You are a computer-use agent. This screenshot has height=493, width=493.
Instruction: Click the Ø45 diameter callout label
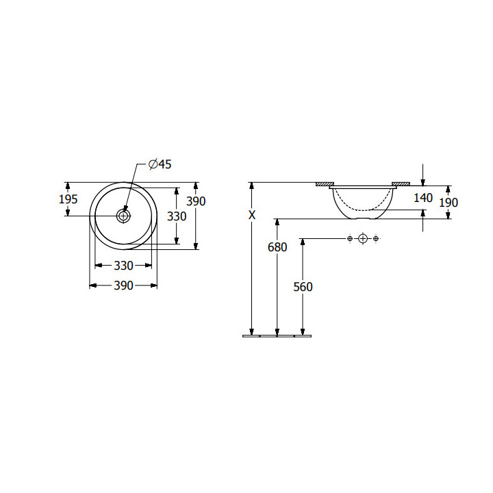tap(160, 164)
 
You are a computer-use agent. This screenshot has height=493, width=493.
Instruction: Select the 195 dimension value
tap(68, 199)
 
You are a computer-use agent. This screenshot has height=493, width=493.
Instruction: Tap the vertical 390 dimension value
tap(196, 201)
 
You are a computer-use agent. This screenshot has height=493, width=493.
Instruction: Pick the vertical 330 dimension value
tap(177, 216)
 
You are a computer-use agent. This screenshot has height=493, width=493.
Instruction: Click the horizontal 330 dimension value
tap(123, 266)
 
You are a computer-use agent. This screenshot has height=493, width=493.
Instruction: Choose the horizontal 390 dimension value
tap(123, 286)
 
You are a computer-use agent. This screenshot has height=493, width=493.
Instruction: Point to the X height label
tap(252, 215)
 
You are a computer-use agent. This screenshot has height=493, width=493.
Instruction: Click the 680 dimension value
tap(277, 247)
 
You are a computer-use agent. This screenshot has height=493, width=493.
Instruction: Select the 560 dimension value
tap(303, 287)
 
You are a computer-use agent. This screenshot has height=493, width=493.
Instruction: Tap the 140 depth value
tap(423, 198)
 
